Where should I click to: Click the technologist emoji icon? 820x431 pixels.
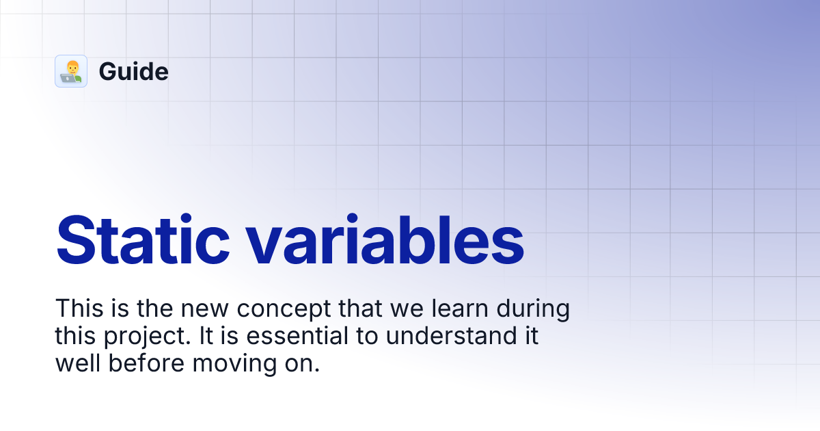click(x=71, y=71)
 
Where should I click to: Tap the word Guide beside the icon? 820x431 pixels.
click(x=134, y=71)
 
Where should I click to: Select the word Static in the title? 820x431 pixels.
click(x=143, y=239)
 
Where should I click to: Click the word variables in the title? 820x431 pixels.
click(x=385, y=239)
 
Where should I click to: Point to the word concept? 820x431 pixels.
click(x=284, y=309)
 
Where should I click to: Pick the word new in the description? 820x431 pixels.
click(x=205, y=309)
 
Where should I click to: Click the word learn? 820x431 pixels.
click(x=460, y=308)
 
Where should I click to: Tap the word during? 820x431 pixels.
click(x=533, y=309)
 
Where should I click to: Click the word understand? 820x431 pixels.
click(x=452, y=335)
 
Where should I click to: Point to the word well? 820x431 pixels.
click(x=78, y=363)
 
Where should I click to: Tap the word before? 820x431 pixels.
click(x=146, y=363)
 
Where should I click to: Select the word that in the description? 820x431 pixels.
click(x=360, y=309)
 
